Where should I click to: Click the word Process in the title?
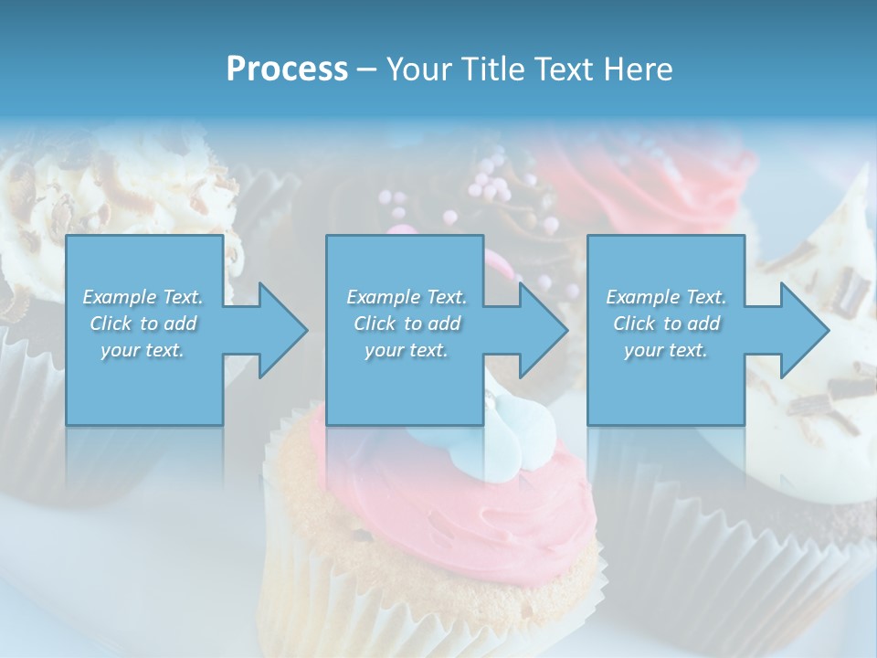(x=287, y=69)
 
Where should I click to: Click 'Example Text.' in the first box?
(x=143, y=297)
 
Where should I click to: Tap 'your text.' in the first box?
(x=143, y=350)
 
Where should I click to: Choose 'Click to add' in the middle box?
(x=407, y=324)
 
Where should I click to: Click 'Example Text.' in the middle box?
(x=407, y=297)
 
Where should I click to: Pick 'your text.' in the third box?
(x=666, y=350)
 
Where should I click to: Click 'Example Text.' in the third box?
(x=666, y=297)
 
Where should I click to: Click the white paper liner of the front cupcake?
(x=429, y=612)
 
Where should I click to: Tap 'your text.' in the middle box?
(x=407, y=350)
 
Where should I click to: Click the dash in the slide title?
(x=366, y=69)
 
